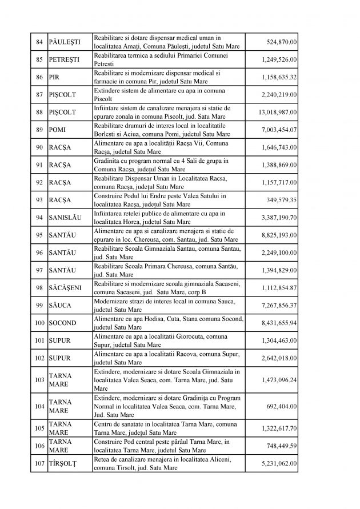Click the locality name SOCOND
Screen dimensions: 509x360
click(x=63, y=323)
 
